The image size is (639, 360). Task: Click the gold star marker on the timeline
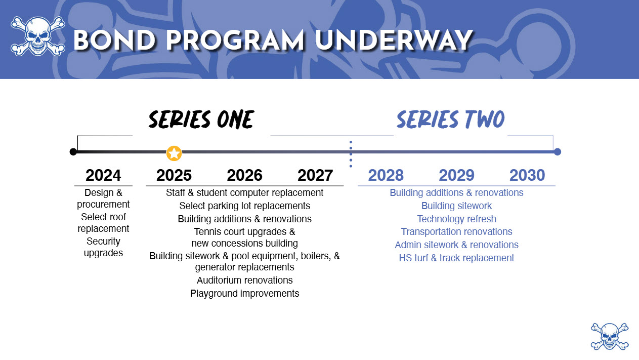[x=174, y=153]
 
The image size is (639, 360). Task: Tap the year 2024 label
[x=103, y=175]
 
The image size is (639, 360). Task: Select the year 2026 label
[x=244, y=175]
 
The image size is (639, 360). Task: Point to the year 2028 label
[x=386, y=175]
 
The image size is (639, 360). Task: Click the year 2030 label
[x=527, y=175]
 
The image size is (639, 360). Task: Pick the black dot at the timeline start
[x=73, y=152]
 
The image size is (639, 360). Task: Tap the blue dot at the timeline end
[x=558, y=152]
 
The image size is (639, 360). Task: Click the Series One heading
[x=201, y=119]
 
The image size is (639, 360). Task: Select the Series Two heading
[x=451, y=119]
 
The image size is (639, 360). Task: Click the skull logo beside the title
[x=38, y=36]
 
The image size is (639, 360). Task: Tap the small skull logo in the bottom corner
[x=610, y=337]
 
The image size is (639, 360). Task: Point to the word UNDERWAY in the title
[x=394, y=41]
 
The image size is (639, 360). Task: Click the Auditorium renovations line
[x=245, y=281]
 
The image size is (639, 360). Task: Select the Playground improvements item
[x=245, y=294]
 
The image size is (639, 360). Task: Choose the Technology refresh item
[x=456, y=219]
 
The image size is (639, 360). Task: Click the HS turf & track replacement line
[x=456, y=258]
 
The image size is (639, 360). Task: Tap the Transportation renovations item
[x=456, y=232]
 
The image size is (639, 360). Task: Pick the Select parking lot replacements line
[x=245, y=206]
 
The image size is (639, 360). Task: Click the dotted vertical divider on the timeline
[x=351, y=154]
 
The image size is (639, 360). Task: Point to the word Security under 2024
[x=103, y=242]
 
